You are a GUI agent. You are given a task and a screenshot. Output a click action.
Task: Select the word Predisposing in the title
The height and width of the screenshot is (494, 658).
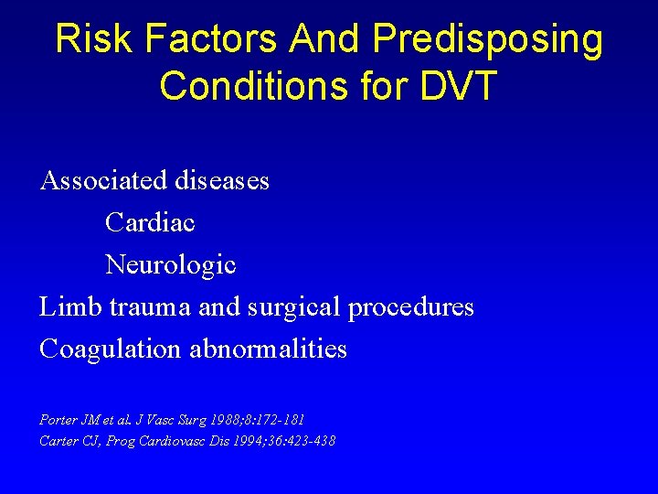(x=489, y=40)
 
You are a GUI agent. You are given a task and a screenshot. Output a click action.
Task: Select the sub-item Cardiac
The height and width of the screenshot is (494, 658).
(x=150, y=222)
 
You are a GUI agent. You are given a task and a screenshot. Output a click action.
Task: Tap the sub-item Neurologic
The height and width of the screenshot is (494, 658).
(x=171, y=265)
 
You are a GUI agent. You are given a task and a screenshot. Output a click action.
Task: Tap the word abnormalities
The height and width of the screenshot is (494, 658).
(x=269, y=349)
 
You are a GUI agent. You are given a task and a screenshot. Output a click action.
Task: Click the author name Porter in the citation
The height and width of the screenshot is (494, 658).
(x=58, y=419)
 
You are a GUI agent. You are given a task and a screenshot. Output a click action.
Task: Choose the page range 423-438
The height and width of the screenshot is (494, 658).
(x=311, y=441)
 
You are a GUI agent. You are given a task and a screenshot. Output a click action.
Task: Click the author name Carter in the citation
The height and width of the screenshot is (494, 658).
(x=58, y=441)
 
